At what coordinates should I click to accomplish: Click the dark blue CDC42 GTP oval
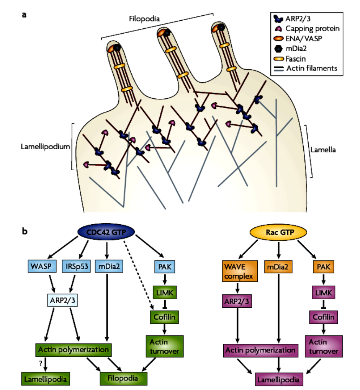click(107, 233)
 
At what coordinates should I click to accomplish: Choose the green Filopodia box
click(123, 378)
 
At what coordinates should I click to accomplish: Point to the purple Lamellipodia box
click(279, 379)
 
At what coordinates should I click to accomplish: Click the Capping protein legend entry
click(308, 28)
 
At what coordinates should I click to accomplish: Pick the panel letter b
click(25, 231)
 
